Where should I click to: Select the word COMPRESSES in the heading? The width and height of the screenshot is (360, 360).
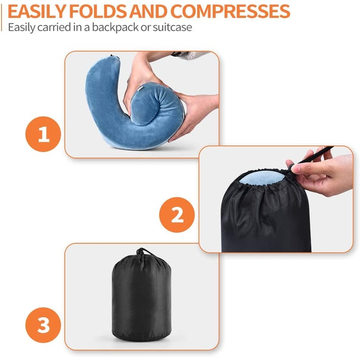(229, 10)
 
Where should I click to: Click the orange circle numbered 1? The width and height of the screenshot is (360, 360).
(44, 135)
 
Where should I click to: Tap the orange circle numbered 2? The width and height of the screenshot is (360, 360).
(177, 215)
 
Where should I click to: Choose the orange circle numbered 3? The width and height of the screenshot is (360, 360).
(44, 325)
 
